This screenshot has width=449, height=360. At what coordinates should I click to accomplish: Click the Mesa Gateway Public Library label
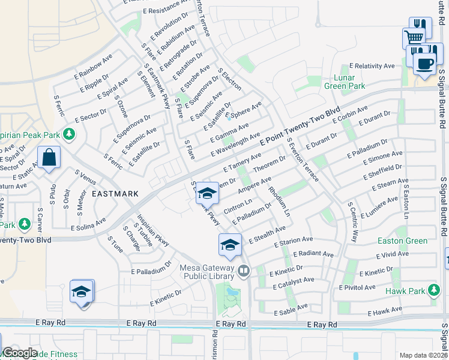coord(208,272)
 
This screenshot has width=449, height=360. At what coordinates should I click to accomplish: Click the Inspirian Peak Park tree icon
coord(70,133)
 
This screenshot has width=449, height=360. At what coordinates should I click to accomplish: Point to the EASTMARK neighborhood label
coord(115,194)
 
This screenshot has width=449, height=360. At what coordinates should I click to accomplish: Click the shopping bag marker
coord(49,158)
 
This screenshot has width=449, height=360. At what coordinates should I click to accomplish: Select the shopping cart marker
coord(413,37)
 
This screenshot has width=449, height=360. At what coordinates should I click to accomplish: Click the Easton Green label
coord(403,241)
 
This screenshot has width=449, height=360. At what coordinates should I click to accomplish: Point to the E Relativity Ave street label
coord(373,66)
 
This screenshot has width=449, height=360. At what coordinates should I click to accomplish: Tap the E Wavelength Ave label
coord(235,146)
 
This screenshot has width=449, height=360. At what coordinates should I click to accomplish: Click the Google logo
coord(20,353)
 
